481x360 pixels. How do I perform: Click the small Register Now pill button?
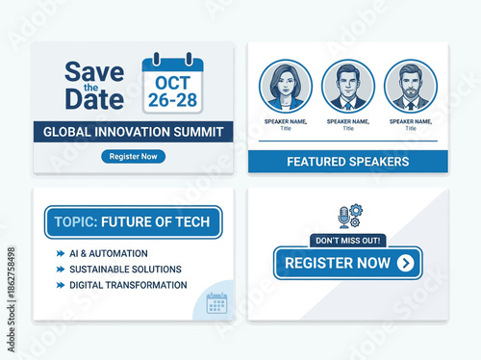tap(133, 156)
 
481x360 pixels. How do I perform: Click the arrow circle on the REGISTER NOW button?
tap(406, 263)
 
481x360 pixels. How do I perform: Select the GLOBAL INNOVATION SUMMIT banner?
tap(133, 132)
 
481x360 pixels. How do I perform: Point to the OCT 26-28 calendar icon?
tap(173, 84)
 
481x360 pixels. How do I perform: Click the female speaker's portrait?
tap(285, 87)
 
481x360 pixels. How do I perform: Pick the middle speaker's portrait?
tap(347, 87)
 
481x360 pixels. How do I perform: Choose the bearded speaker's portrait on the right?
tap(410, 87)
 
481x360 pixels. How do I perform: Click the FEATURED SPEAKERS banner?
tap(347, 162)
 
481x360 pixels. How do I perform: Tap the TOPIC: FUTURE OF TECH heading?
tap(133, 221)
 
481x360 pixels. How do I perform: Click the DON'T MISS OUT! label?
tap(347, 241)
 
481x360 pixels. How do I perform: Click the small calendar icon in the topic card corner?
tap(216, 303)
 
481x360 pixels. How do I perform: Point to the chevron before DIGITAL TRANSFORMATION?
tap(61, 285)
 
